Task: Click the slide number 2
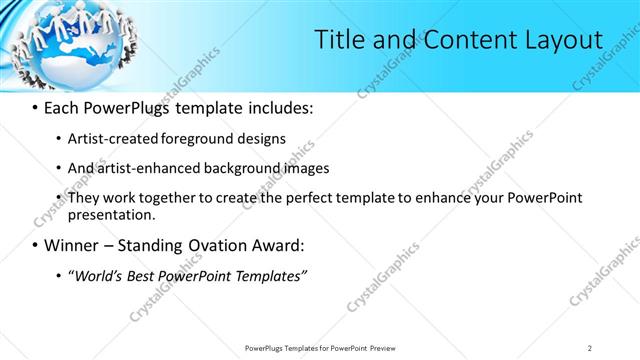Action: pos(590,348)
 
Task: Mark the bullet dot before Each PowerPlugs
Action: pos(35,107)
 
